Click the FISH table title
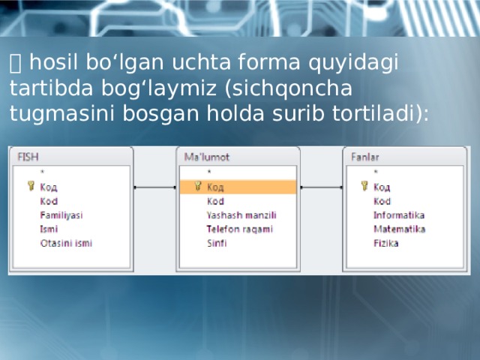28,157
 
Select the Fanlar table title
365,157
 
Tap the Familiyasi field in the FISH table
61,215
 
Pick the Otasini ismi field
66,243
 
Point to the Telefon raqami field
239,229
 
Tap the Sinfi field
217,243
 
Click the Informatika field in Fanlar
399,215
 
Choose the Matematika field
400,229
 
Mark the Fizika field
386,243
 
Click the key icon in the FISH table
31,187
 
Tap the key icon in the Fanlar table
364,187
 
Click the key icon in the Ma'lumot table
198,187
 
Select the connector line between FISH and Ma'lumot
154,187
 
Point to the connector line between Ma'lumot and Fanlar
321,187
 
